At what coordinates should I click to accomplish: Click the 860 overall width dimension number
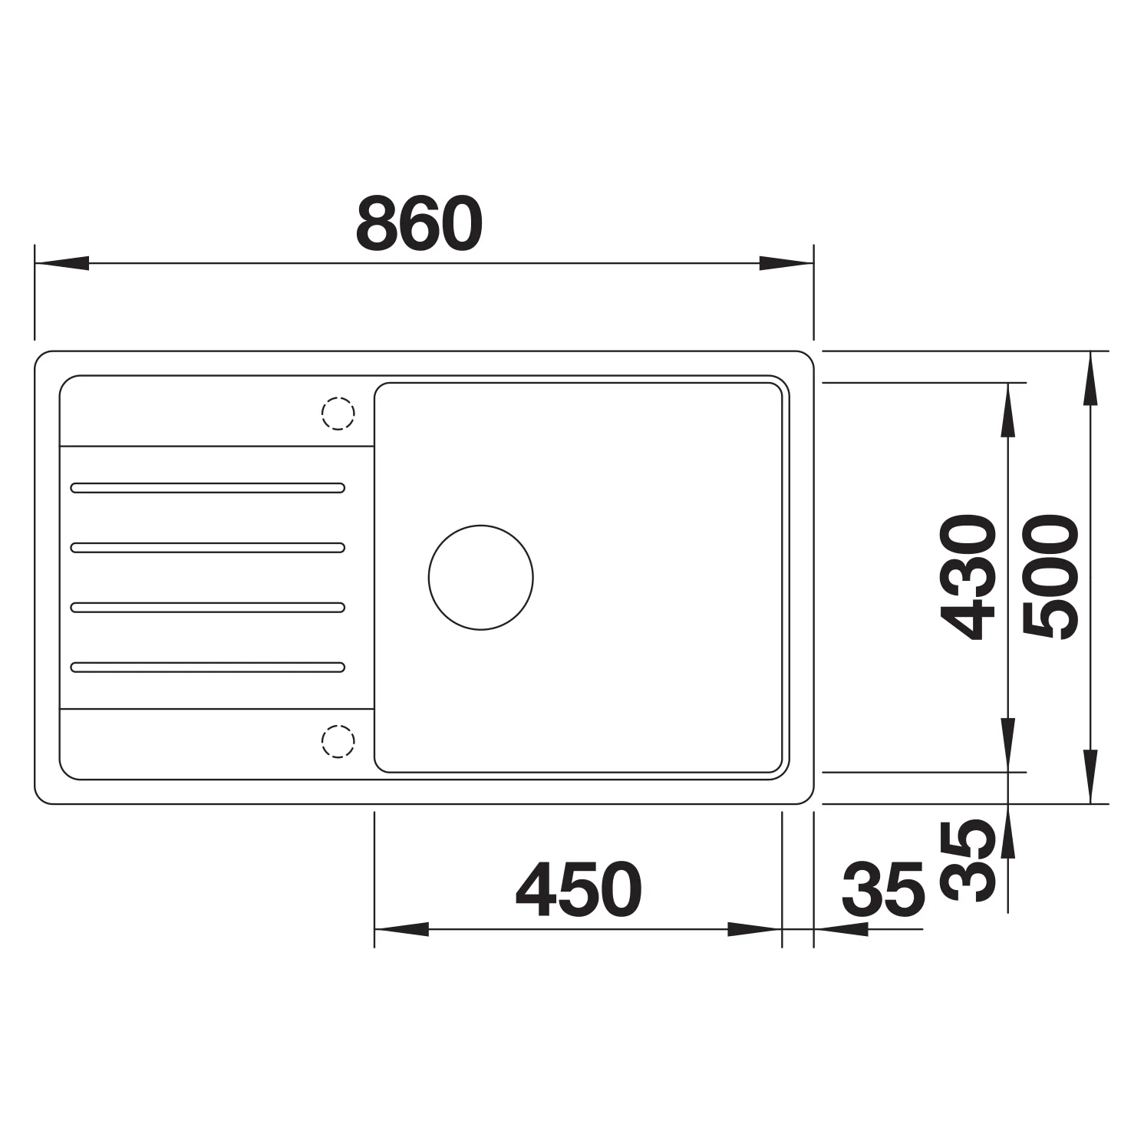coord(420,223)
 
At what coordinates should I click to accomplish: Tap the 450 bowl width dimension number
coord(579,890)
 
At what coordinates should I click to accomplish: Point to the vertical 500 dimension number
coord(1051,577)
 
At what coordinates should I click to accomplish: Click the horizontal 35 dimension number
coord(883,890)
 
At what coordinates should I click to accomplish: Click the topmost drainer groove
coord(207,487)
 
